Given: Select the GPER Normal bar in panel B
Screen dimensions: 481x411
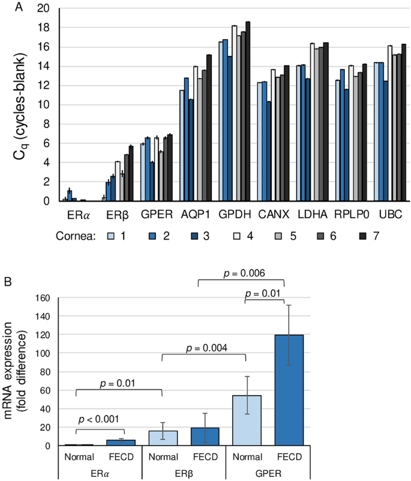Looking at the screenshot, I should (245, 420).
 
